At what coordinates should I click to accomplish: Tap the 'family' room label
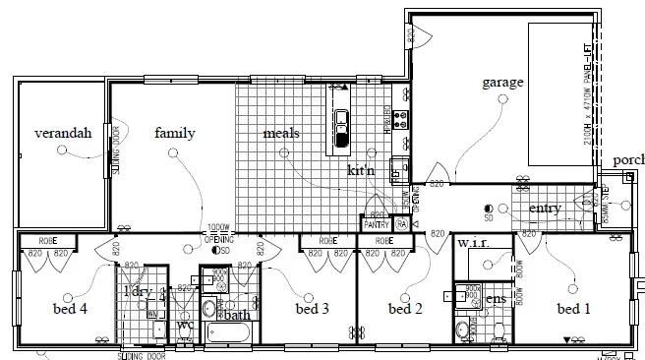pos(174,134)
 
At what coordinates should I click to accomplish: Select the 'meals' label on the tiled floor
pos(281,134)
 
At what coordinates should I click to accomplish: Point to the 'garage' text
pos(501,83)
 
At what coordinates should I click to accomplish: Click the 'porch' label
pos(627,160)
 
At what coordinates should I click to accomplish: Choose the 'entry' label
pos(545,209)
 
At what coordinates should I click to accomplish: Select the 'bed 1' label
pos(574,309)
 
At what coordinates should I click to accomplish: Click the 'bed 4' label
pos(70,309)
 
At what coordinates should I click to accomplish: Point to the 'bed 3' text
pos(312,309)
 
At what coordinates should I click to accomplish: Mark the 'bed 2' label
pos(404,309)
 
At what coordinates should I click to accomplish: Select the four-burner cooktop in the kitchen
pos(400,120)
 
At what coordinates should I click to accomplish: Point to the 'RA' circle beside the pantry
pos(402,225)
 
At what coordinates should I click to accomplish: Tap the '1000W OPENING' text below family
pos(219,232)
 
